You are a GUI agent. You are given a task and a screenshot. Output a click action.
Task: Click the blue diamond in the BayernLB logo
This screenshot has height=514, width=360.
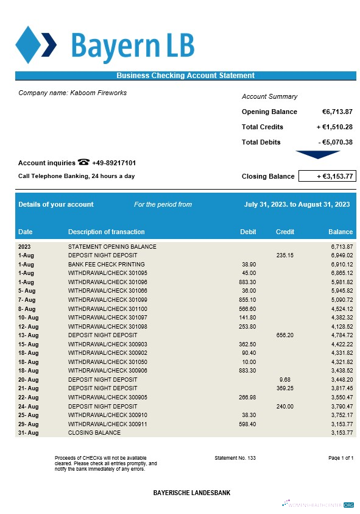[x=27, y=45]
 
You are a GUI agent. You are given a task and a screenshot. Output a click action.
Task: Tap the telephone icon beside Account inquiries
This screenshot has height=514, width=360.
[x=83, y=162]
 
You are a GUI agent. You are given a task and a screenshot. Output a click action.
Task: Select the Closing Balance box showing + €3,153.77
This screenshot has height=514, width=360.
[x=327, y=176]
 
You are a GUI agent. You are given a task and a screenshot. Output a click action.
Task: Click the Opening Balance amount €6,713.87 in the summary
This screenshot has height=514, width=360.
[x=337, y=112]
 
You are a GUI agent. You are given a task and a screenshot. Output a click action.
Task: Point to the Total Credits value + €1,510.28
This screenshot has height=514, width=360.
[x=334, y=127]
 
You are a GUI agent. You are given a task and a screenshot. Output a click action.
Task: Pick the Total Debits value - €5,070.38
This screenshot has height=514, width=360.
[x=335, y=142]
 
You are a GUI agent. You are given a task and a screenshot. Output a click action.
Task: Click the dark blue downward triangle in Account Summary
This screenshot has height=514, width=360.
[x=317, y=155]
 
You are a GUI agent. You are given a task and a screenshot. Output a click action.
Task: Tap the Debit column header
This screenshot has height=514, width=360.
[x=248, y=232]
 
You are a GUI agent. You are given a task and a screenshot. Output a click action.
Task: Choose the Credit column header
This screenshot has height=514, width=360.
[x=285, y=232]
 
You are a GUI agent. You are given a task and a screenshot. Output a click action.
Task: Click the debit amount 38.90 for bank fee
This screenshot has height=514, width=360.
[x=249, y=265]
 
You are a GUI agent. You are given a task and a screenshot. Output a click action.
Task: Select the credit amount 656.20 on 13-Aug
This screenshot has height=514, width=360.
[x=285, y=335]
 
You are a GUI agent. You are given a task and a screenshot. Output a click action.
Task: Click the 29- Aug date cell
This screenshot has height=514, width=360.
[x=29, y=424]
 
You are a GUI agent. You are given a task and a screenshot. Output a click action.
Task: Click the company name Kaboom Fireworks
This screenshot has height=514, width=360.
[x=72, y=93]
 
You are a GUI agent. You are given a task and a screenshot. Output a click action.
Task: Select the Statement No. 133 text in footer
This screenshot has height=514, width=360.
[x=235, y=457]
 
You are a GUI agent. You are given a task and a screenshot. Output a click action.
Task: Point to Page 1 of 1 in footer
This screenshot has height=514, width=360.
[x=341, y=457]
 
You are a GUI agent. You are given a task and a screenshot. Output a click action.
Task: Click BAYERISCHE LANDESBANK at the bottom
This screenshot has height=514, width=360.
[x=191, y=493]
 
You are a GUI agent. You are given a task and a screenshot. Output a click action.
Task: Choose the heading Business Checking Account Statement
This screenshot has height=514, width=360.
[x=185, y=76]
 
